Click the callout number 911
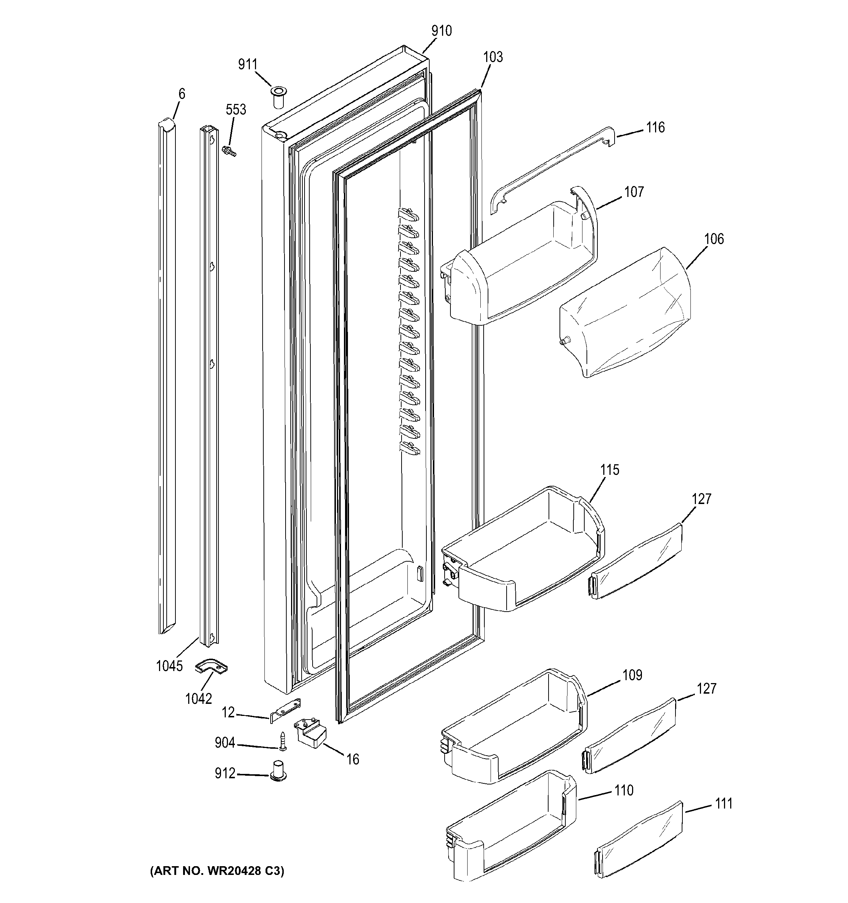point(248,65)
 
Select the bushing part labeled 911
point(278,96)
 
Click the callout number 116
point(655,128)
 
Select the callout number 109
point(632,675)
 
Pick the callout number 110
point(624,791)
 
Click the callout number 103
point(493,57)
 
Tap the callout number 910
point(441,31)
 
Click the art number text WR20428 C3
point(217,871)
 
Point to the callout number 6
point(182,94)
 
